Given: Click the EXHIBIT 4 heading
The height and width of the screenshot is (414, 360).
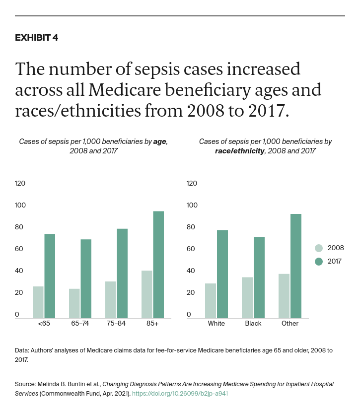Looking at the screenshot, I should pyautogui.click(x=36, y=38).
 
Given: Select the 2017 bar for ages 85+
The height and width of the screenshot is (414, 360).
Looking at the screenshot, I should pyautogui.click(x=158, y=265).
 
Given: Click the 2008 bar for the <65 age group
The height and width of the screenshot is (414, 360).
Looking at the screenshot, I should pyautogui.click(x=38, y=302).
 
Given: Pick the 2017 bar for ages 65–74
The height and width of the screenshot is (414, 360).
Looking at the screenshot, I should pyautogui.click(x=86, y=278).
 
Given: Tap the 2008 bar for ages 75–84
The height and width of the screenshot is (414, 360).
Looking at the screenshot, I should pyautogui.click(x=110, y=299).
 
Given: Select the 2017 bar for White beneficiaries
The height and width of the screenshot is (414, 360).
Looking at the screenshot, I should pyautogui.click(x=222, y=274).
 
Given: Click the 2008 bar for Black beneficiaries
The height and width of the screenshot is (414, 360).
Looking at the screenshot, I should pyautogui.click(x=247, y=297).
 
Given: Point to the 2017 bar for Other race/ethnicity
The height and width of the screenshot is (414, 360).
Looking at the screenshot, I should pyautogui.click(x=295, y=266).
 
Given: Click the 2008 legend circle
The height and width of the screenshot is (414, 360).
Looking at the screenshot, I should pyautogui.click(x=319, y=248).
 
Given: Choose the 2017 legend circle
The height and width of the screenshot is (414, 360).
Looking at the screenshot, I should pyautogui.click(x=319, y=261).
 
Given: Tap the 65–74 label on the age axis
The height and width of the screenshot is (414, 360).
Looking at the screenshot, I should pyautogui.click(x=80, y=323).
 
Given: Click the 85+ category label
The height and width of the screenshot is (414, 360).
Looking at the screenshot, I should pyautogui.click(x=152, y=323).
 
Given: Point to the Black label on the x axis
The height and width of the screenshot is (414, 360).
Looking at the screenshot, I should pyautogui.click(x=253, y=323).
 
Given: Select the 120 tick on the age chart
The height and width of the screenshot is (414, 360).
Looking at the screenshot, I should pyautogui.click(x=20, y=183).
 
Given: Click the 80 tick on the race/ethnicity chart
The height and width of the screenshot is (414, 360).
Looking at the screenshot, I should pyautogui.click(x=192, y=227).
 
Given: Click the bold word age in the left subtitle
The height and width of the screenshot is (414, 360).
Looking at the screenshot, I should pyautogui.click(x=159, y=141).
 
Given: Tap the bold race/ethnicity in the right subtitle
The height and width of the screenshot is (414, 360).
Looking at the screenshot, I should pyautogui.click(x=239, y=150).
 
